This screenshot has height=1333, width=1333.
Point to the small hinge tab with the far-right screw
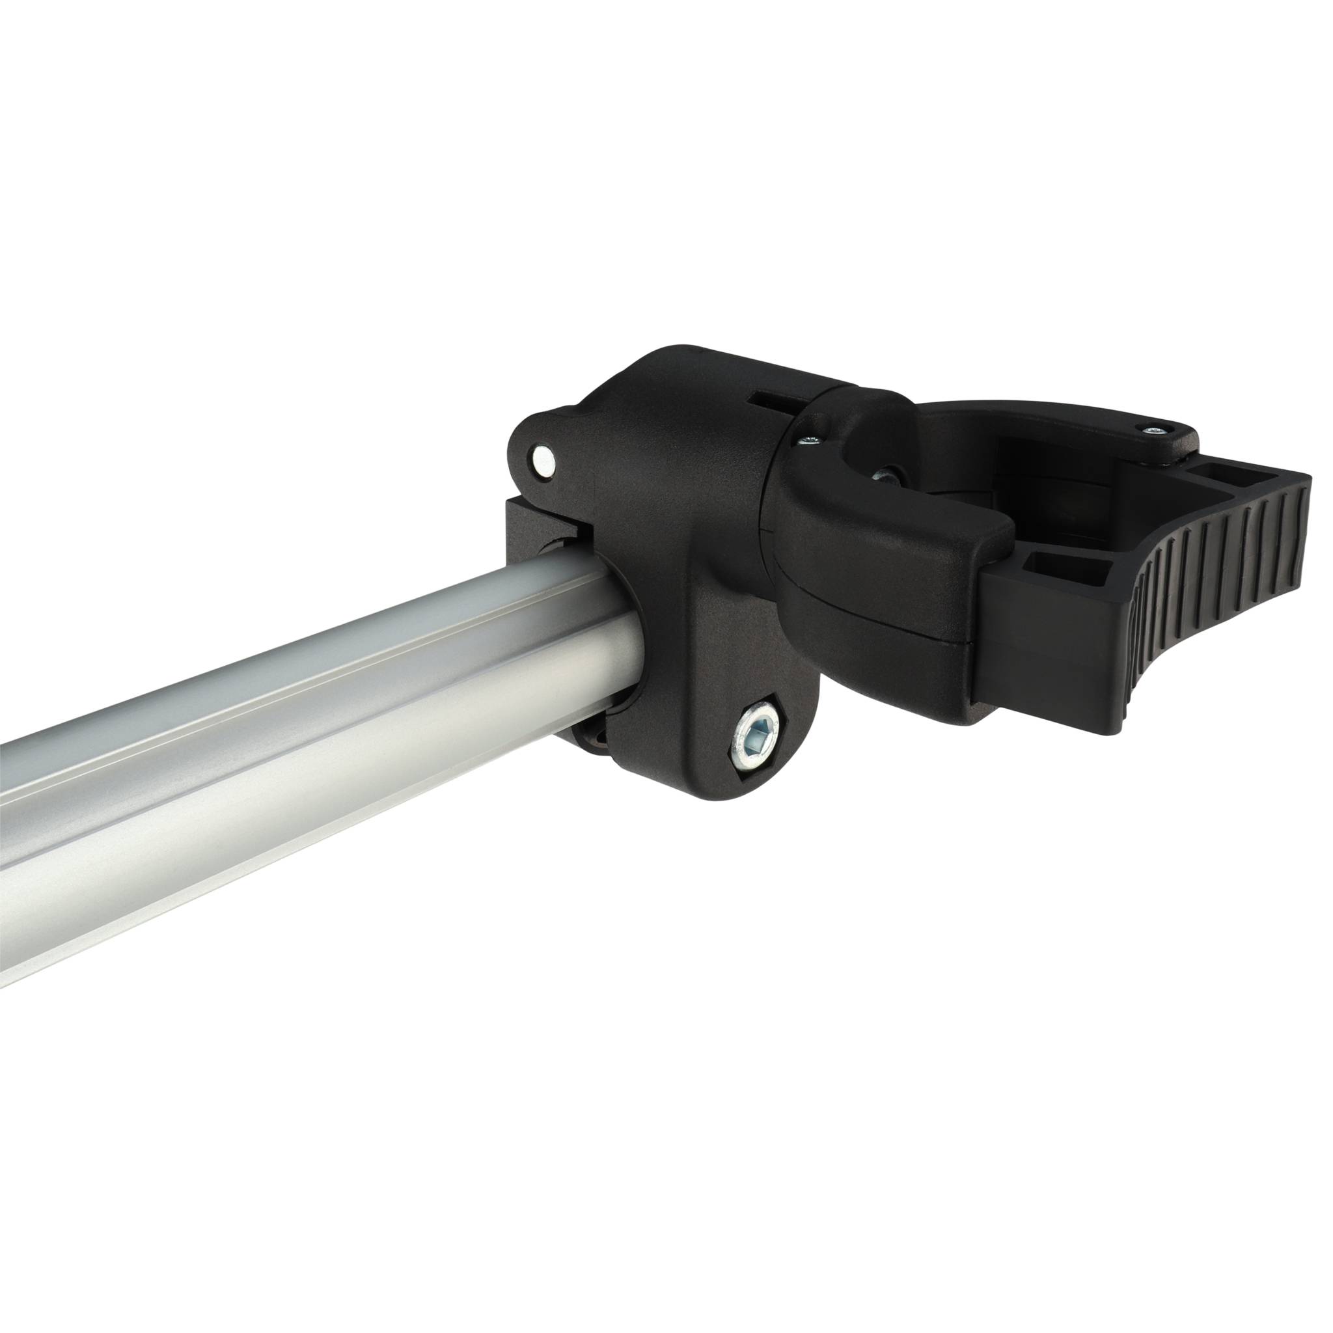tap(1166, 441)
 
